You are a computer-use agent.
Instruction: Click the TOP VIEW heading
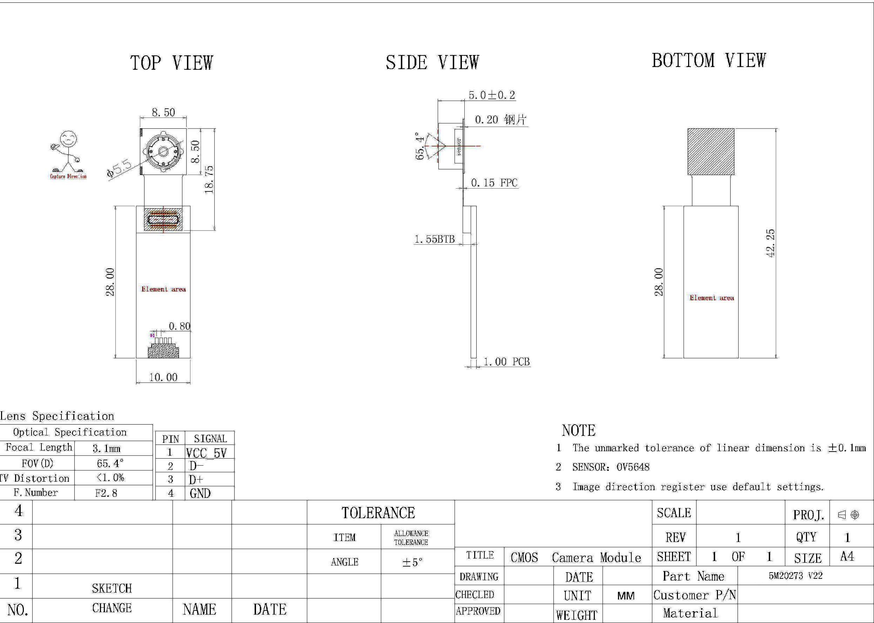click(x=171, y=63)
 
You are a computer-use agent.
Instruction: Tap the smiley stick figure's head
click(x=69, y=139)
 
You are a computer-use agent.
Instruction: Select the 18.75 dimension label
click(x=209, y=180)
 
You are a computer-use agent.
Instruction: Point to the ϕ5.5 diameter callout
click(x=119, y=168)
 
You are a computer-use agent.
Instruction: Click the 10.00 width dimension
click(x=163, y=378)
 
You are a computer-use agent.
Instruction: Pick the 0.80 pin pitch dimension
click(x=180, y=326)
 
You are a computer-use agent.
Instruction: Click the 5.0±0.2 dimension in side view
click(x=492, y=95)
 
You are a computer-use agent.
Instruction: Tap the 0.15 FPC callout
click(x=494, y=183)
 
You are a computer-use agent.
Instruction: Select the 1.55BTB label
click(x=434, y=239)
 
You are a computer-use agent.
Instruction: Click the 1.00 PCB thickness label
click(x=506, y=362)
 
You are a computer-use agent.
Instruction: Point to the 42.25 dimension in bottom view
click(x=771, y=243)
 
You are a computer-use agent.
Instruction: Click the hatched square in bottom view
click(x=711, y=151)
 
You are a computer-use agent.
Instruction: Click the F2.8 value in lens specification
click(x=106, y=493)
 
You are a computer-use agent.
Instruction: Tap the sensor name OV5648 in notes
click(x=633, y=467)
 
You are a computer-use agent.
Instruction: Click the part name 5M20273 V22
click(x=795, y=575)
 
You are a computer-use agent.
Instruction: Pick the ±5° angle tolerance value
click(x=412, y=562)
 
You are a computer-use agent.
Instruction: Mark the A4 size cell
click(x=847, y=556)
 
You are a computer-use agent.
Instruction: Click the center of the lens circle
click(x=163, y=151)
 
